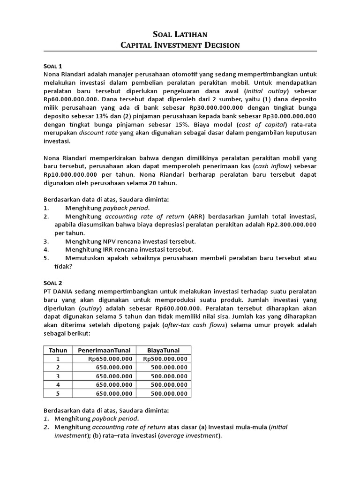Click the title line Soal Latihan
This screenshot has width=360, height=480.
pyautogui.click(x=180, y=34)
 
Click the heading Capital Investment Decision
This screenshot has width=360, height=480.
pyautogui.click(x=180, y=45)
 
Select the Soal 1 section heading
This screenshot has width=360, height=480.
pyautogui.click(x=53, y=66)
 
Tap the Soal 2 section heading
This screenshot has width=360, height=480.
pyautogui.click(x=53, y=283)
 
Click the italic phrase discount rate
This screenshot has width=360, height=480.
pyautogui.click(x=94, y=133)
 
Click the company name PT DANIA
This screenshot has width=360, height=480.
pyautogui.click(x=60, y=291)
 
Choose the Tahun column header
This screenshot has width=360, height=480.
pyautogui.click(x=58, y=350)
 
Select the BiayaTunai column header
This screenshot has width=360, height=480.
pyautogui.click(x=164, y=350)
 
